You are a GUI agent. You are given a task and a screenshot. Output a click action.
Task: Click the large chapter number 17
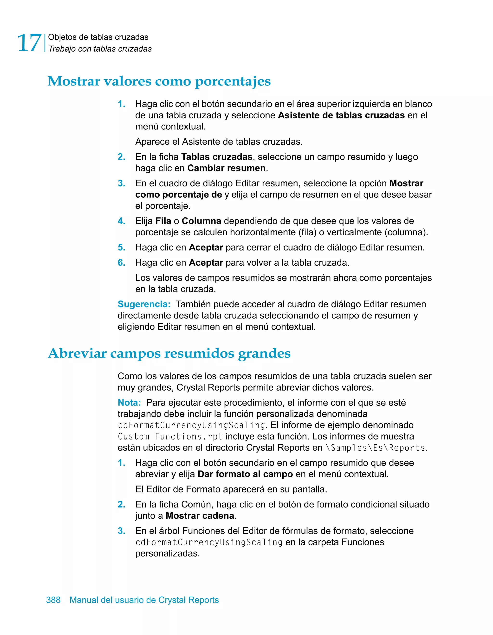(x=29, y=43)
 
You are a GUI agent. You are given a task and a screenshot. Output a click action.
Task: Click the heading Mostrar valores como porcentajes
(x=159, y=81)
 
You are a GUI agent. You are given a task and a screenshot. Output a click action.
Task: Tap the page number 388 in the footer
(x=53, y=600)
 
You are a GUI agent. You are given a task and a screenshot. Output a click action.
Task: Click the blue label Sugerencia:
(x=144, y=304)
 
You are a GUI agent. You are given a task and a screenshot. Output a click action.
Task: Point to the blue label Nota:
(x=129, y=403)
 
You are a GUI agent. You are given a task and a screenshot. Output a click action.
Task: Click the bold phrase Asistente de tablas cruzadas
(x=341, y=115)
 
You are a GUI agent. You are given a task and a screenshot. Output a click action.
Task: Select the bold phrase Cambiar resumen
(x=227, y=168)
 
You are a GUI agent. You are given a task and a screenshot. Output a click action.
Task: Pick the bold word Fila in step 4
(x=163, y=221)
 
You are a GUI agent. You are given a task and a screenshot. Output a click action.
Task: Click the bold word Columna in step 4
(x=201, y=221)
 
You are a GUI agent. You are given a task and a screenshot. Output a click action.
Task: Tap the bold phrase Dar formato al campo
(x=245, y=474)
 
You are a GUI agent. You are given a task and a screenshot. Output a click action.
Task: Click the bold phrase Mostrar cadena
(x=200, y=516)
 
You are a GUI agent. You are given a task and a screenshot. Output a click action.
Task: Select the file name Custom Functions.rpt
(x=170, y=437)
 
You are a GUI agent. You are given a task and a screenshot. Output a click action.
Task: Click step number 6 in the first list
(x=121, y=263)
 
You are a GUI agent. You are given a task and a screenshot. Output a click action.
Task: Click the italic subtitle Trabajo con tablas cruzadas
(x=100, y=49)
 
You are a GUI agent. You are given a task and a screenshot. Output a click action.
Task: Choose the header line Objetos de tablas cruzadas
(x=98, y=37)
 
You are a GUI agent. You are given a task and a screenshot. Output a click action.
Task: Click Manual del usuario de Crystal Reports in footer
(x=144, y=600)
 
